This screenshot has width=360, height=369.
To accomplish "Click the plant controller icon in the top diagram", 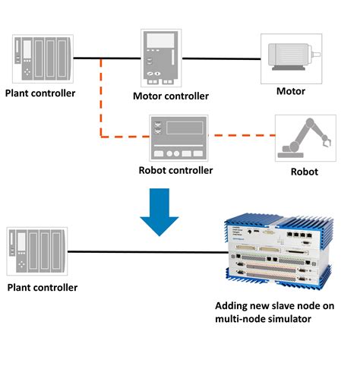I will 42,58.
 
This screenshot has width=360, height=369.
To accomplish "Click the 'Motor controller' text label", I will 170,96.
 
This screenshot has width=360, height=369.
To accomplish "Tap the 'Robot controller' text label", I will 176,170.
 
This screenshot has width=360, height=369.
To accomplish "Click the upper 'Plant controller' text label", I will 40,93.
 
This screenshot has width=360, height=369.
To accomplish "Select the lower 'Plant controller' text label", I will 42,288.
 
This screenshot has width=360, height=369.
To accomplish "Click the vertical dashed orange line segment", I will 101,99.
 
